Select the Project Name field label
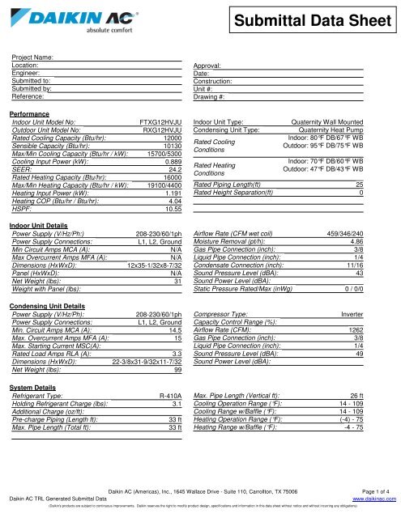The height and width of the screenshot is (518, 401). pos(33,57)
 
